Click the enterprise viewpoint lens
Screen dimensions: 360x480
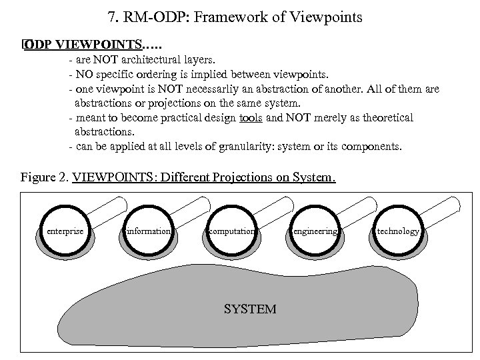[65, 232]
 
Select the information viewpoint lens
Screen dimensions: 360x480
[149, 232]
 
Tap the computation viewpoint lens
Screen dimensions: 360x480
[232, 232]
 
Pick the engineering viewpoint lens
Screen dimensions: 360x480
[315, 232]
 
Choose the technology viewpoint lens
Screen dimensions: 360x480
[399, 232]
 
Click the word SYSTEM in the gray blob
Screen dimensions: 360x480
[250, 309]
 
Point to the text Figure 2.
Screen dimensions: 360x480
[44, 178]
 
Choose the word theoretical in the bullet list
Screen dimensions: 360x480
[378, 117]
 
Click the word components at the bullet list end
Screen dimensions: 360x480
[374, 146]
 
